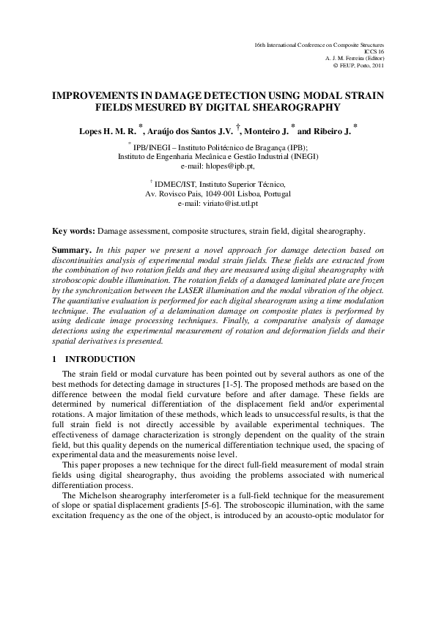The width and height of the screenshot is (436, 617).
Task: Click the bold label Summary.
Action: [73, 250]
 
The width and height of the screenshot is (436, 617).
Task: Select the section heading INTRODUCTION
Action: [100, 359]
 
